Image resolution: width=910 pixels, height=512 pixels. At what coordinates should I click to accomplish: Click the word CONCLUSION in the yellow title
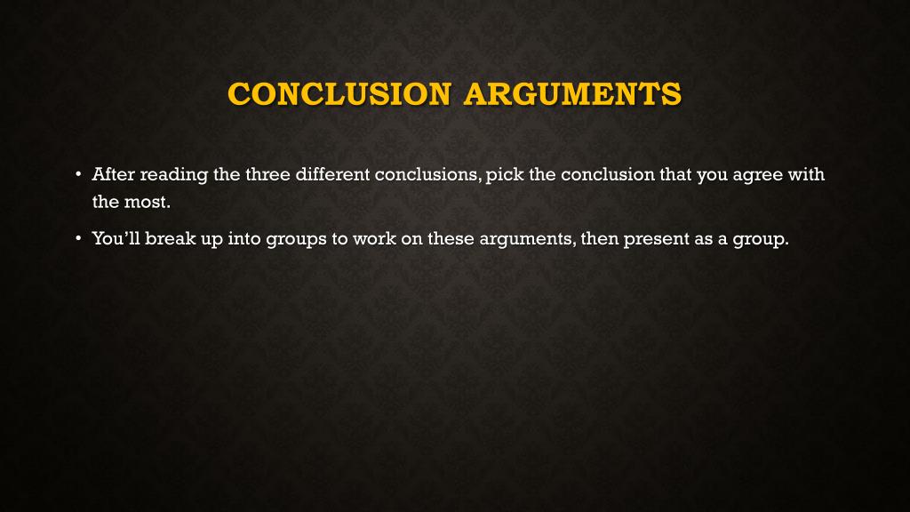[x=339, y=93]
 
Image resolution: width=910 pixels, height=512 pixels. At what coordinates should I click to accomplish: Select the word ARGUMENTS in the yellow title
[x=573, y=93]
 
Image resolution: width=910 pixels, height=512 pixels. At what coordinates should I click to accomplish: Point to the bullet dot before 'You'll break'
[x=78, y=238]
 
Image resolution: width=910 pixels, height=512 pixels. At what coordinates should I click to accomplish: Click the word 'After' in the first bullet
[x=113, y=174]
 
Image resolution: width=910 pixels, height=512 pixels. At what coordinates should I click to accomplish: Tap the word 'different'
[x=331, y=174]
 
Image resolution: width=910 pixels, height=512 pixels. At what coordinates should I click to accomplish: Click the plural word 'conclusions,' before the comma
[x=428, y=174]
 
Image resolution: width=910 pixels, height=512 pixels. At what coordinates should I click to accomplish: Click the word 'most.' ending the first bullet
[x=147, y=201]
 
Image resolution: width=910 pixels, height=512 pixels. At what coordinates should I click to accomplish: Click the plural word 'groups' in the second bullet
[x=296, y=239]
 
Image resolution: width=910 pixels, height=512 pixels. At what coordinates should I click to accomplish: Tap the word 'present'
[x=657, y=239]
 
